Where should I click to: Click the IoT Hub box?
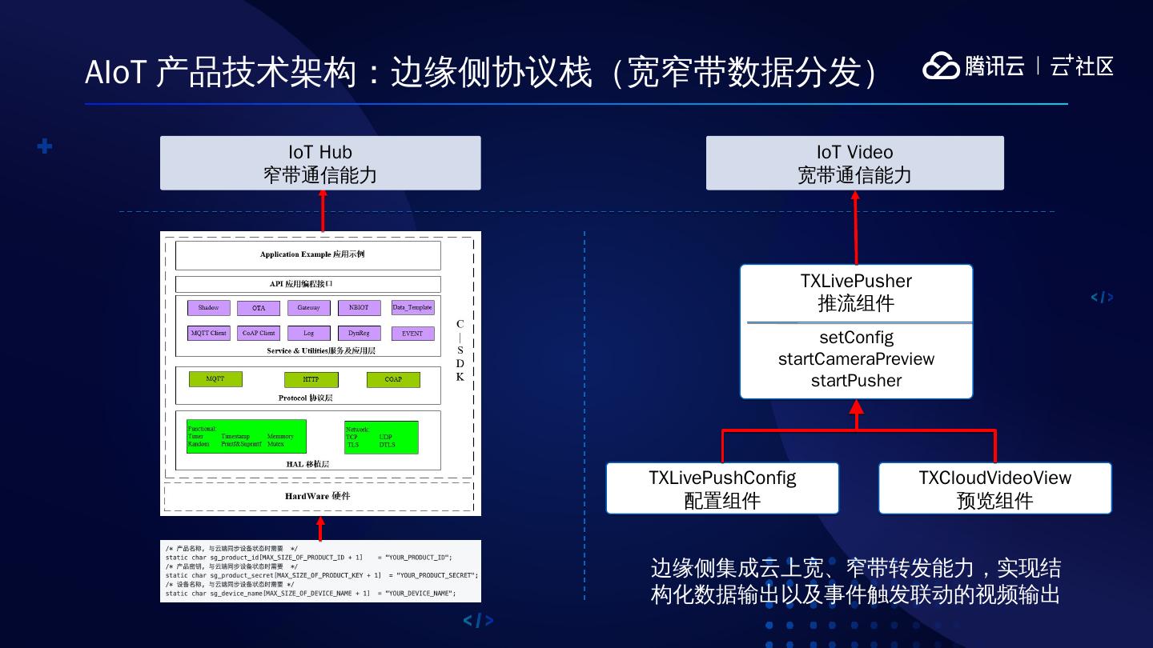pyautogui.click(x=320, y=163)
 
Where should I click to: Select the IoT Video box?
pyautogui.click(x=854, y=163)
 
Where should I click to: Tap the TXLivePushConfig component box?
pyautogui.click(x=722, y=488)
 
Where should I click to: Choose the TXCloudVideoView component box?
pyautogui.click(x=994, y=488)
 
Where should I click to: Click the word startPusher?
pyautogui.click(x=856, y=381)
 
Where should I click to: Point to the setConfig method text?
pyautogui.click(x=856, y=338)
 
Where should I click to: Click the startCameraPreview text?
pyautogui.click(x=856, y=359)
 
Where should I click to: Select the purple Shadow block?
pyautogui.click(x=208, y=308)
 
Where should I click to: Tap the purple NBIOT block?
pyautogui.click(x=359, y=308)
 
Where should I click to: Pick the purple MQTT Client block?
pyautogui.click(x=208, y=333)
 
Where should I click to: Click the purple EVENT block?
pyautogui.click(x=412, y=334)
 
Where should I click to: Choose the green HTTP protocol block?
pyautogui.click(x=311, y=379)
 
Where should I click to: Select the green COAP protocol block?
pyautogui.click(x=393, y=379)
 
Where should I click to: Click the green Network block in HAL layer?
pyautogui.click(x=381, y=438)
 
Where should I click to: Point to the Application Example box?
pyautogui.click(x=307, y=255)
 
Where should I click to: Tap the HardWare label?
pyautogui.click(x=318, y=496)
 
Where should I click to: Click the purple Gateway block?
pyautogui.click(x=308, y=308)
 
